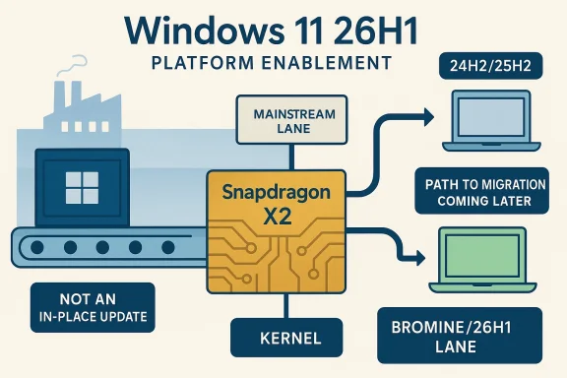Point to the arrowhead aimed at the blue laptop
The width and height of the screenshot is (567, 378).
[425, 118]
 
